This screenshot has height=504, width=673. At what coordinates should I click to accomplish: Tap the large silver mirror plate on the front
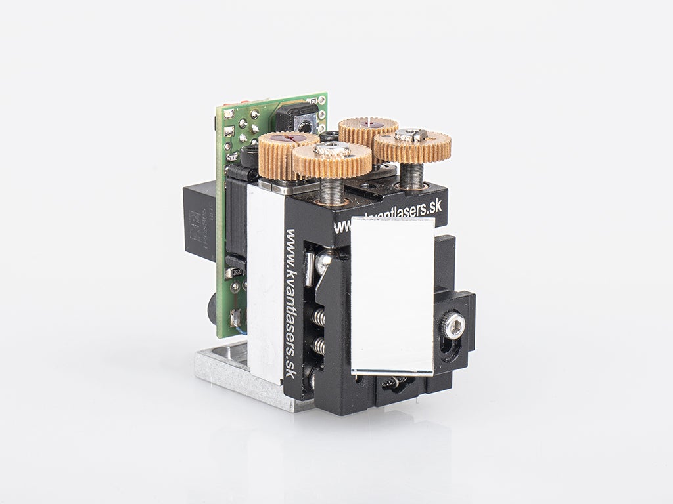pos(392,295)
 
